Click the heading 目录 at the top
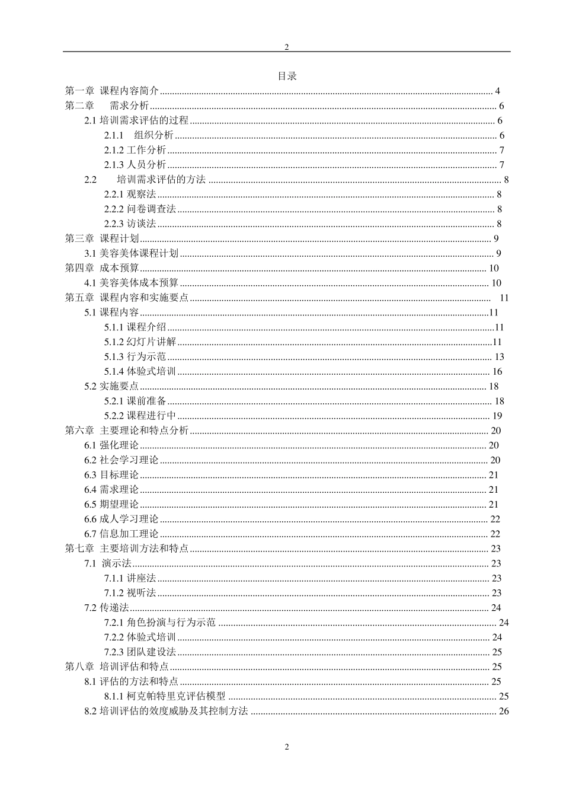point(287,76)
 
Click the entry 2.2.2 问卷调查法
point(140,209)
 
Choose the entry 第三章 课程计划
point(102,238)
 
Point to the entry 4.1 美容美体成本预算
point(131,283)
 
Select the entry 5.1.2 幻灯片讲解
point(140,342)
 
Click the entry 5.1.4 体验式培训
point(140,371)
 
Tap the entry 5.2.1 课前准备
point(135,401)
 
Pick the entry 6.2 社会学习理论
point(121,460)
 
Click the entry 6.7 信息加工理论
point(121,534)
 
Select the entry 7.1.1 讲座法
point(130,578)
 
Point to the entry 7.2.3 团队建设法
point(140,652)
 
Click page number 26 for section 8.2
point(504,711)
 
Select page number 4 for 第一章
point(498,91)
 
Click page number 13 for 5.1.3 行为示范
point(499,356)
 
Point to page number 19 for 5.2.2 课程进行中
point(497,416)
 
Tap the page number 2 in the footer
point(287,747)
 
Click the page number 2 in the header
point(287,47)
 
